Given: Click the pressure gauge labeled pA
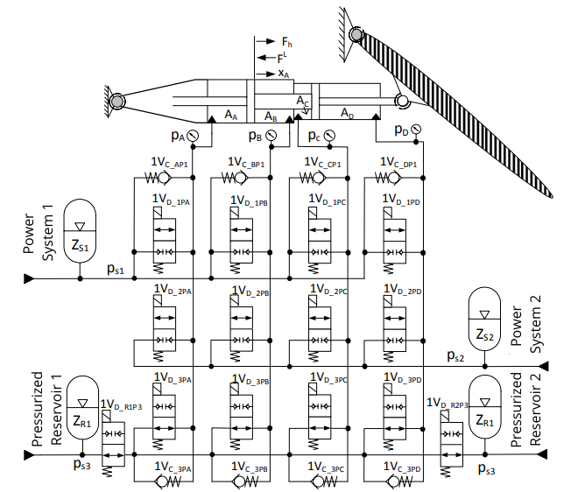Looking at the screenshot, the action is [193, 136].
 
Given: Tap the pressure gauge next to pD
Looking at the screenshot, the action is [416, 130].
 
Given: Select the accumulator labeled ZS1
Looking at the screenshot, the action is [80, 231].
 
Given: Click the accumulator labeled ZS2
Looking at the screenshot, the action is [484, 320].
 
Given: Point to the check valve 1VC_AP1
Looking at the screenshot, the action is [159, 178].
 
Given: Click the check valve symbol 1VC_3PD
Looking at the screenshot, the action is [398, 481].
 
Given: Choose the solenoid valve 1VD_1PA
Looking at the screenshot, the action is [164, 240].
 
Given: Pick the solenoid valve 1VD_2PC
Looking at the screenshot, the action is [320, 328].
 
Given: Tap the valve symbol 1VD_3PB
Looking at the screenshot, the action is [242, 417].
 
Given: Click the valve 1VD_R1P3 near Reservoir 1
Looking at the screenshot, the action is [113, 444].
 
